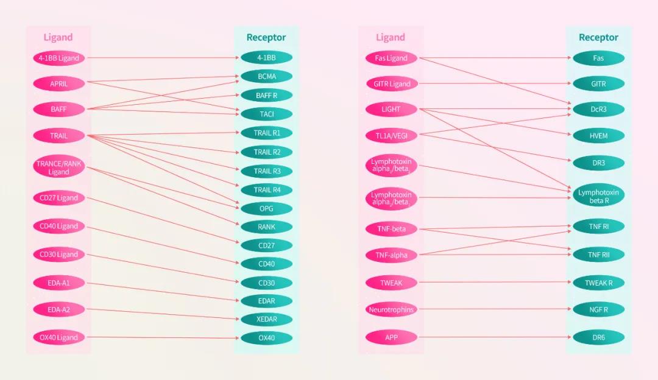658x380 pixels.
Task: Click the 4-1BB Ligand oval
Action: coord(58,58)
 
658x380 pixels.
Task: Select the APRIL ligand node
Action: coord(58,83)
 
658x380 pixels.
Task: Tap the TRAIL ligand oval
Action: coord(58,135)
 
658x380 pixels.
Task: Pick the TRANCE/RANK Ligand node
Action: coord(58,167)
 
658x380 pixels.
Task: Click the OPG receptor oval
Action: coord(266,208)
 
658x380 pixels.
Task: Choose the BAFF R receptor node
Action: coord(266,95)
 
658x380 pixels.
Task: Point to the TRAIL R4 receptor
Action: coord(266,189)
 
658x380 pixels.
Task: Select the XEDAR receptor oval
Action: coord(266,319)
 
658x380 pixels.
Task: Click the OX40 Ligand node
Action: coord(58,337)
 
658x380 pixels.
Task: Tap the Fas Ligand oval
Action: coord(391,58)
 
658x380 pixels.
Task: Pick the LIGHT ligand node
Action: coord(391,109)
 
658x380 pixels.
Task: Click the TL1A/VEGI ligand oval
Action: coord(391,135)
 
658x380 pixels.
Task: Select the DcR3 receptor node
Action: coord(598,109)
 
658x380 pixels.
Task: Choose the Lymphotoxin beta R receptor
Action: coord(598,196)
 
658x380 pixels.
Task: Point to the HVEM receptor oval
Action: coord(598,135)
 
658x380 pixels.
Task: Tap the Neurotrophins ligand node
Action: coord(391,309)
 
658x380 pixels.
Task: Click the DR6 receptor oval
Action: coord(598,337)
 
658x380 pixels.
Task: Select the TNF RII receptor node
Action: coord(598,255)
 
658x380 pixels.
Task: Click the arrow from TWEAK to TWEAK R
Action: coord(495,283)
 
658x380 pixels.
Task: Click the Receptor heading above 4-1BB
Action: coord(266,37)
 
